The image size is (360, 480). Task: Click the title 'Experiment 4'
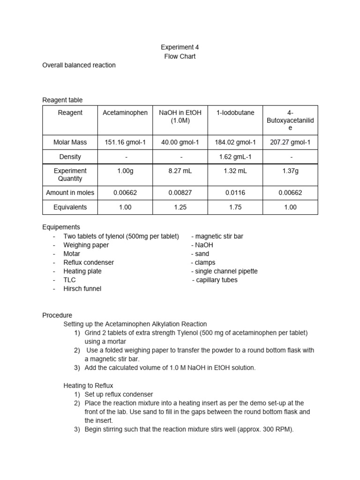176,47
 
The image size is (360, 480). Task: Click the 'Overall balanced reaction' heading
79,65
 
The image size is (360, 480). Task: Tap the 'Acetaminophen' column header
125,112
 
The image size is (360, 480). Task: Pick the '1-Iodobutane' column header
235,112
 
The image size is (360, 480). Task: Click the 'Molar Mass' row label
70,142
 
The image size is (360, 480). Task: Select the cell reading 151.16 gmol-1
125,142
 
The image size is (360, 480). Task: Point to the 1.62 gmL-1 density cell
235,157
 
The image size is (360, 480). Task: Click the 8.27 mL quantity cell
180,171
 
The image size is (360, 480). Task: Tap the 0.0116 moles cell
235,192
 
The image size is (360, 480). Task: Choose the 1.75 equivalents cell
235,207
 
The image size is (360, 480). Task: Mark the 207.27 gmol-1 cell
291,142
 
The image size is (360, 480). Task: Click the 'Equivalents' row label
70,207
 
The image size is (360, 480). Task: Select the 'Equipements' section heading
61,227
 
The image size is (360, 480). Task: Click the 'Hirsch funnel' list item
82,289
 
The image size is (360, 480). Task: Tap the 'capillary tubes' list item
216,280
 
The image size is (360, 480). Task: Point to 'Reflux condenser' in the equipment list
89,262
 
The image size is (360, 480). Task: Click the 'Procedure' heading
57,315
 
